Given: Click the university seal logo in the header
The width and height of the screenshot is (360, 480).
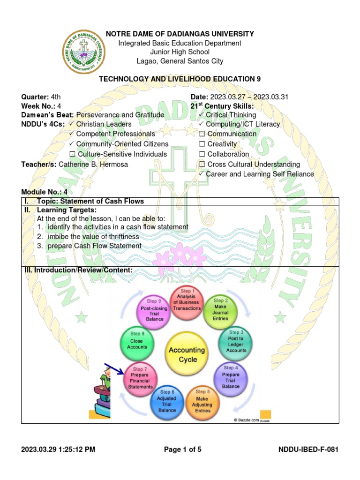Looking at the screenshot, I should coord(84,51).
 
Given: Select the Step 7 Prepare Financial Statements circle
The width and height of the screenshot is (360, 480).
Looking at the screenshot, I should coord(141,378).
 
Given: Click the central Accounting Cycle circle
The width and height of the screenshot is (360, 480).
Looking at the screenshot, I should coord(187,355).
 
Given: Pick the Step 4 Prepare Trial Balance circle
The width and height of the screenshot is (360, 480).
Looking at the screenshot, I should coord(231,378).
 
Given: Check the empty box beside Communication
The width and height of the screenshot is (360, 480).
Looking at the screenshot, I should coord(202,134).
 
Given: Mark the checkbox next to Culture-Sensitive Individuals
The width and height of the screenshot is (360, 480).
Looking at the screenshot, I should coord(72,154).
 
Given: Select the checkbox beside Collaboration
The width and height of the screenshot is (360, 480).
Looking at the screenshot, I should coord(202,154).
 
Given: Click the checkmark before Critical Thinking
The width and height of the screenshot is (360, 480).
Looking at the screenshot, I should coord(201,115).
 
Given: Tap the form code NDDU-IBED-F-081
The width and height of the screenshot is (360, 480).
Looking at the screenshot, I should coord(308,450).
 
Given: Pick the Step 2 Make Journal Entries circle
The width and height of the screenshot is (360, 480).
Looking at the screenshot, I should coord(220,309).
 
